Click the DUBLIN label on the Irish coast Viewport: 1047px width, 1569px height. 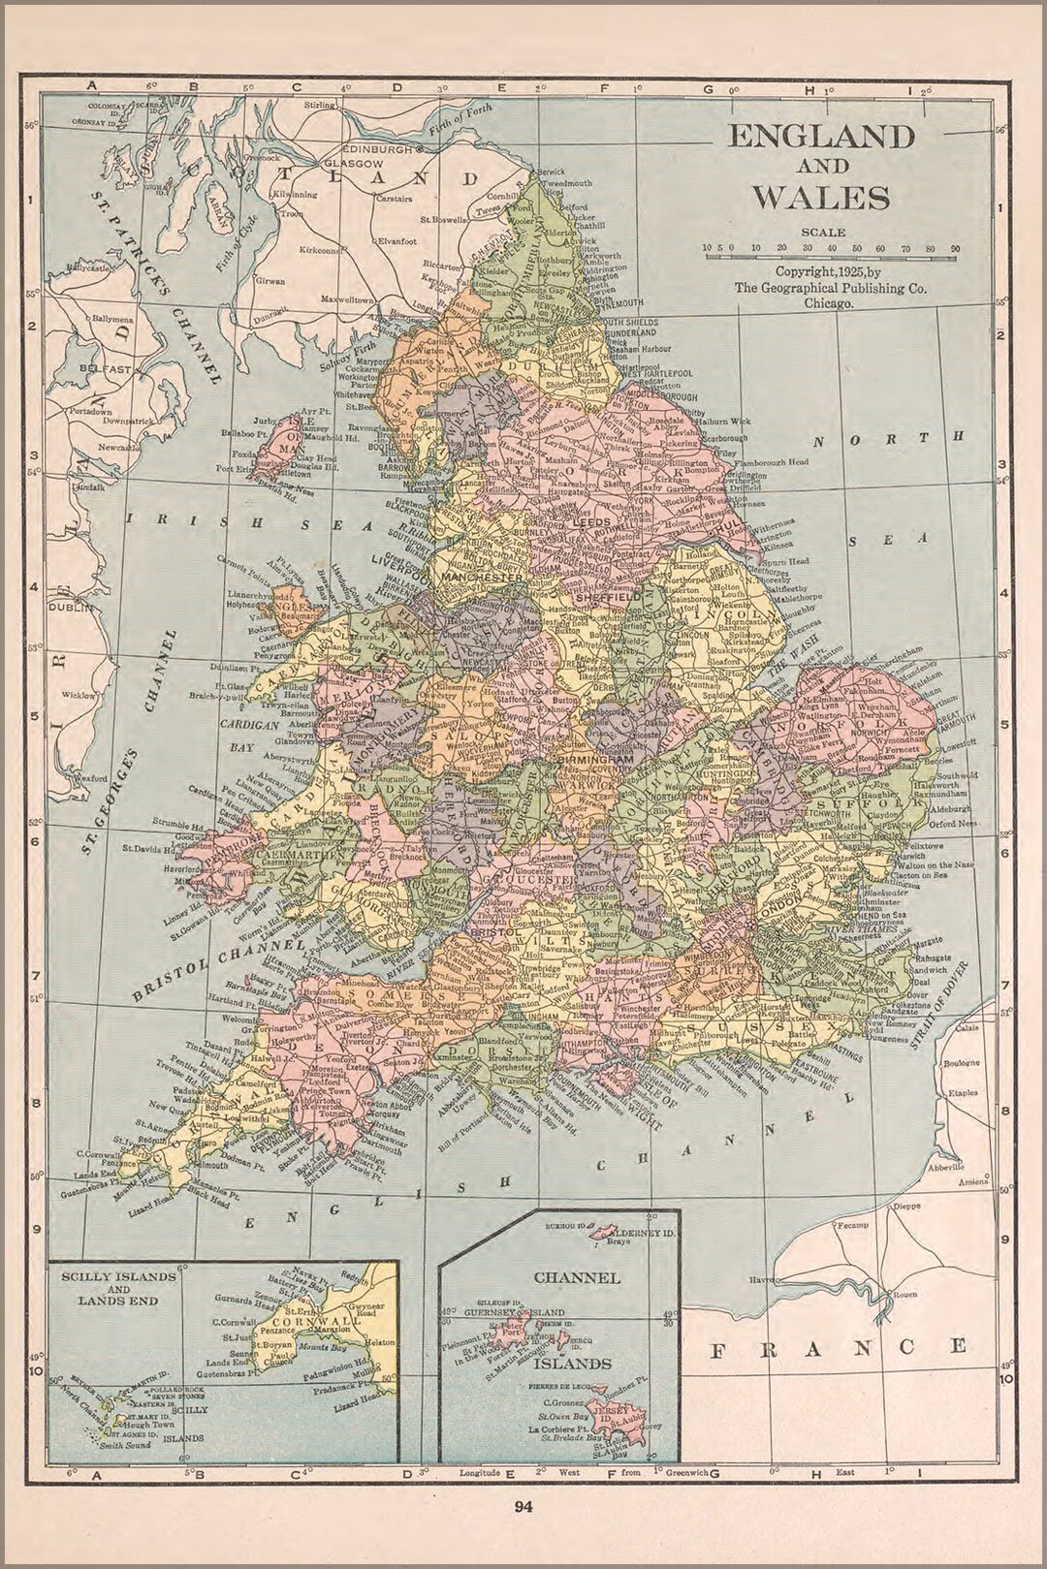pyautogui.click(x=72, y=608)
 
